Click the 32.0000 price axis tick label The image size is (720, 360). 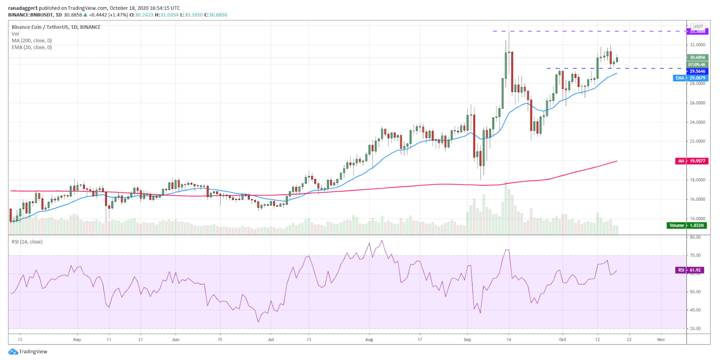[697, 45]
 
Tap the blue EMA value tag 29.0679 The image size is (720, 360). [697, 78]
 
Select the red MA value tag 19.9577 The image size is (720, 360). [697, 161]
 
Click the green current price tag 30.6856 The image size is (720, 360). [697, 57]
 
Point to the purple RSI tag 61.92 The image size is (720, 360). [695, 270]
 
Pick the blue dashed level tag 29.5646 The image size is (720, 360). [697, 71]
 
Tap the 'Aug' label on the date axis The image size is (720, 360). [369, 340]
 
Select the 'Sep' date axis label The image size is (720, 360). [467, 340]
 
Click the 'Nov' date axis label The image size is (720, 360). [661, 340]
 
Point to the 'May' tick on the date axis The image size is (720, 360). [77, 340]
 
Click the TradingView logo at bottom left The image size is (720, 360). [28, 352]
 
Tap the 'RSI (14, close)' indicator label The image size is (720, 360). [27, 242]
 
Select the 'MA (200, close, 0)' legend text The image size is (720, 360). [32, 40]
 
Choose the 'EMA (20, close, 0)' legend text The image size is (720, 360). [32, 48]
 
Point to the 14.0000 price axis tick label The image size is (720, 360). [697, 219]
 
